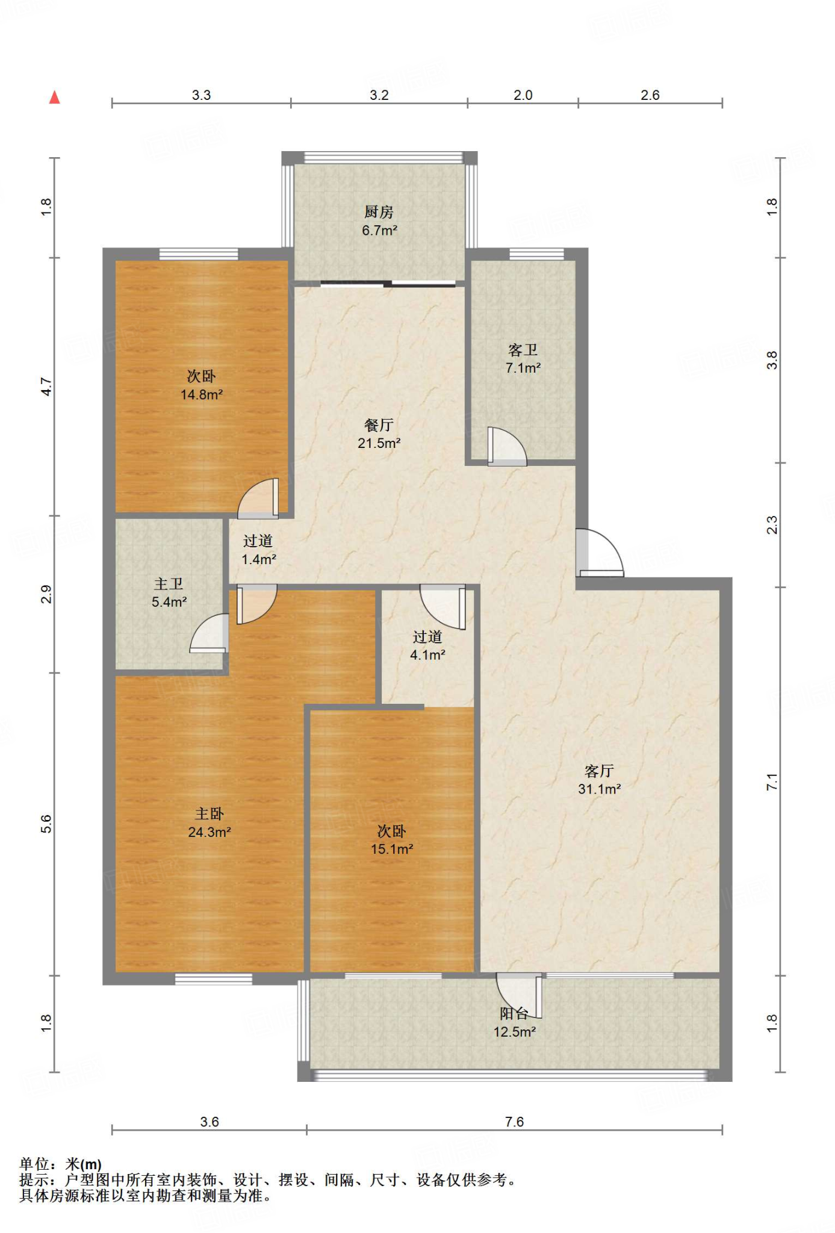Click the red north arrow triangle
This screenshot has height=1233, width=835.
55,97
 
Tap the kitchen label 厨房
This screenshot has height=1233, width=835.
379,212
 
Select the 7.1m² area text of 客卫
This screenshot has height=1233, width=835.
523,368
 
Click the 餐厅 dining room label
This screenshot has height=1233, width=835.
379,425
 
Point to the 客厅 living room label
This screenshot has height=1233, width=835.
599,771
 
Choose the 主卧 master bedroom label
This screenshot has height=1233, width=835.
210,814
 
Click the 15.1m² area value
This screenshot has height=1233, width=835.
392,849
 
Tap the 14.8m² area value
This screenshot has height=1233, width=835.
202,395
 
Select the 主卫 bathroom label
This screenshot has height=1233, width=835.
169,584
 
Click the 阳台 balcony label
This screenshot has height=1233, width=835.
514,1014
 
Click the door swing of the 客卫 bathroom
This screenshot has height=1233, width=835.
507,446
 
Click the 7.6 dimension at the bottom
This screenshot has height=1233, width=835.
514,1122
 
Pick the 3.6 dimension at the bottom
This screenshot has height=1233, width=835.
210,1122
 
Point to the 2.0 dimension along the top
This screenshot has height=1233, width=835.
523,95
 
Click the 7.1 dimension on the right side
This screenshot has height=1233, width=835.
772,782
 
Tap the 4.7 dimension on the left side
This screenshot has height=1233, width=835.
46,386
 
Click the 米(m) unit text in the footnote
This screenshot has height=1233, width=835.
83,1164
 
